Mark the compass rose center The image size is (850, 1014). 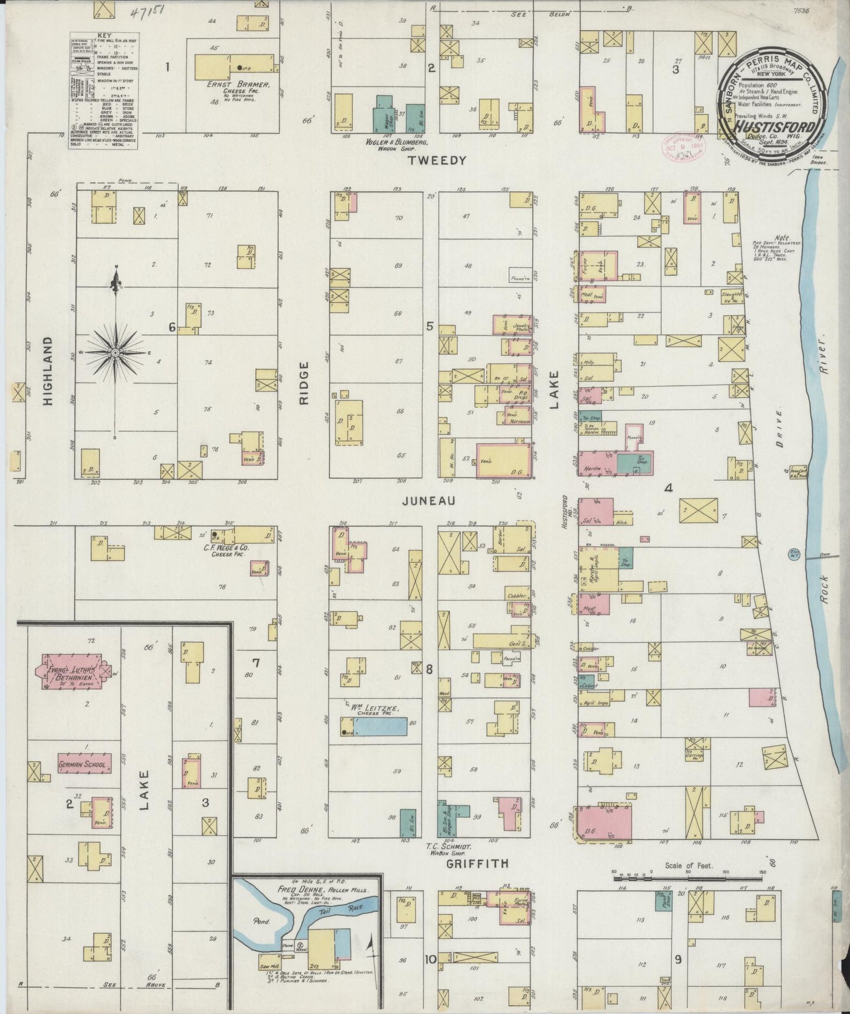pyautogui.click(x=115, y=352)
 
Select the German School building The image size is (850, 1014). pyautogui.click(x=82, y=763)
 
